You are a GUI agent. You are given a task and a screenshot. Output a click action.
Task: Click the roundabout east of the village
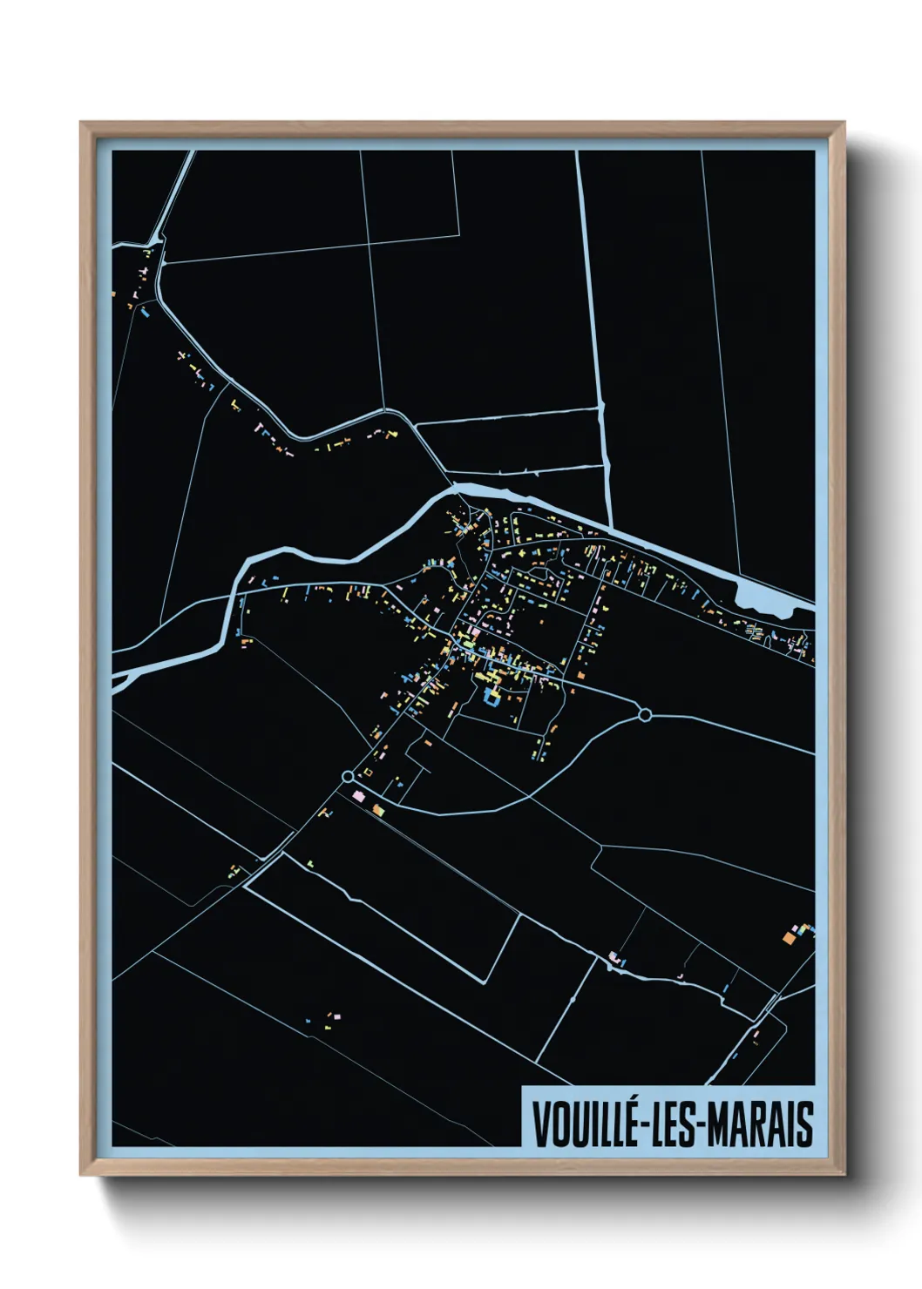point(645,715)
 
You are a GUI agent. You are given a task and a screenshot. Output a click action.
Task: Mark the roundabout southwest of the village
point(348,776)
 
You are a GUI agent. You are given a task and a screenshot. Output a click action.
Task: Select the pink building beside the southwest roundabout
point(357,795)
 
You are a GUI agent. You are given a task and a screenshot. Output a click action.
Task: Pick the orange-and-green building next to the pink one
point(377,810)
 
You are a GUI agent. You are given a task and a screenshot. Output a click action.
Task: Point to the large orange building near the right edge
point(787,937)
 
